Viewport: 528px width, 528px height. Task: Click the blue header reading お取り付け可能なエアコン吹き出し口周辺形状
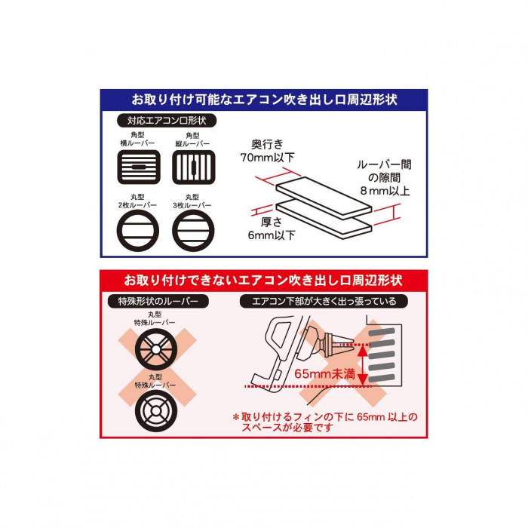(x=264, y=100)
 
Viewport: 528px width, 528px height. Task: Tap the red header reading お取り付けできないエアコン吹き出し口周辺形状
(x=264, y=280)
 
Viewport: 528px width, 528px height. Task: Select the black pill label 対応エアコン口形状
(x=167, y=121)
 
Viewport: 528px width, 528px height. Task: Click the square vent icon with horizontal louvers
(x=139, y=167)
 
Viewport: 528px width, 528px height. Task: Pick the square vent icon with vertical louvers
(x=194, y=167)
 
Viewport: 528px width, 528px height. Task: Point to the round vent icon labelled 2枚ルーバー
(x=138, y=231)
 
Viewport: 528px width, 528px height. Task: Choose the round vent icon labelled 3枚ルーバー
(x=193, y=231)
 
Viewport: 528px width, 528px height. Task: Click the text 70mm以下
(x=267, y=157)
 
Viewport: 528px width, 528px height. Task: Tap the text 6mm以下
(x=272, y=235)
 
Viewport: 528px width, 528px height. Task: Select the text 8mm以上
(x=385, y=191)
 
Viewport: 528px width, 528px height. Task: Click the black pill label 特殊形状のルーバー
(x=158, y=301)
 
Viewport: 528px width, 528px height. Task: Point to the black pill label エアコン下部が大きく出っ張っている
(x=324, y=301)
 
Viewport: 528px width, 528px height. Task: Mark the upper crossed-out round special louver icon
(x=156, y=349)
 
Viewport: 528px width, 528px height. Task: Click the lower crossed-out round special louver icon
(x=156, y=411)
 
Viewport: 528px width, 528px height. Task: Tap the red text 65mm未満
(x=324, y=373)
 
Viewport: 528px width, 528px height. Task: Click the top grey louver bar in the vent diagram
(x=382, y=332)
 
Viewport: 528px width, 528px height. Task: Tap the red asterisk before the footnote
(x=235, y=417)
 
